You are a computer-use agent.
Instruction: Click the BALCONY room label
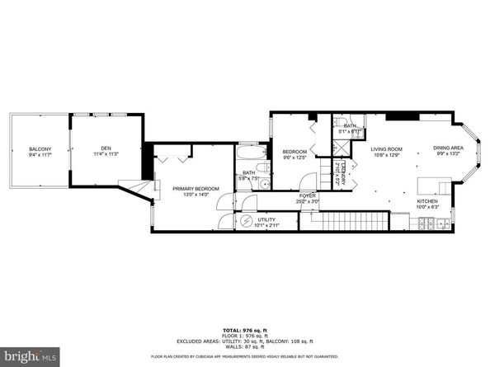(x=40, y=148)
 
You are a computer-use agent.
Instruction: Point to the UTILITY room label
(x=266, y=219)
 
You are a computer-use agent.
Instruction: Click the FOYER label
(x=308, y=195)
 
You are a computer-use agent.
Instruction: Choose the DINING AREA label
(x=448, y=148)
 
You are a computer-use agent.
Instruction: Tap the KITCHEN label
(x=426, y=200)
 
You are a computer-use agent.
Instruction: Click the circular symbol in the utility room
(x=246, y=221)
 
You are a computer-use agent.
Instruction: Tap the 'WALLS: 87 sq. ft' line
(x=245, y=346)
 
